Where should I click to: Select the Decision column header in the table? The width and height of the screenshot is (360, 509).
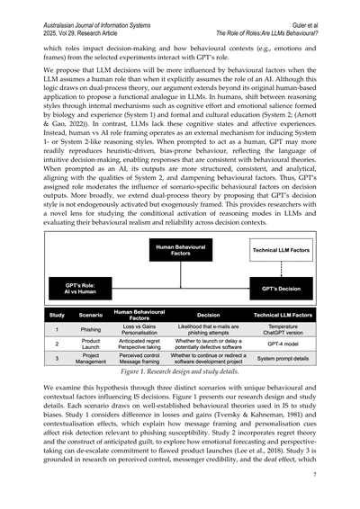(208, 317)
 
